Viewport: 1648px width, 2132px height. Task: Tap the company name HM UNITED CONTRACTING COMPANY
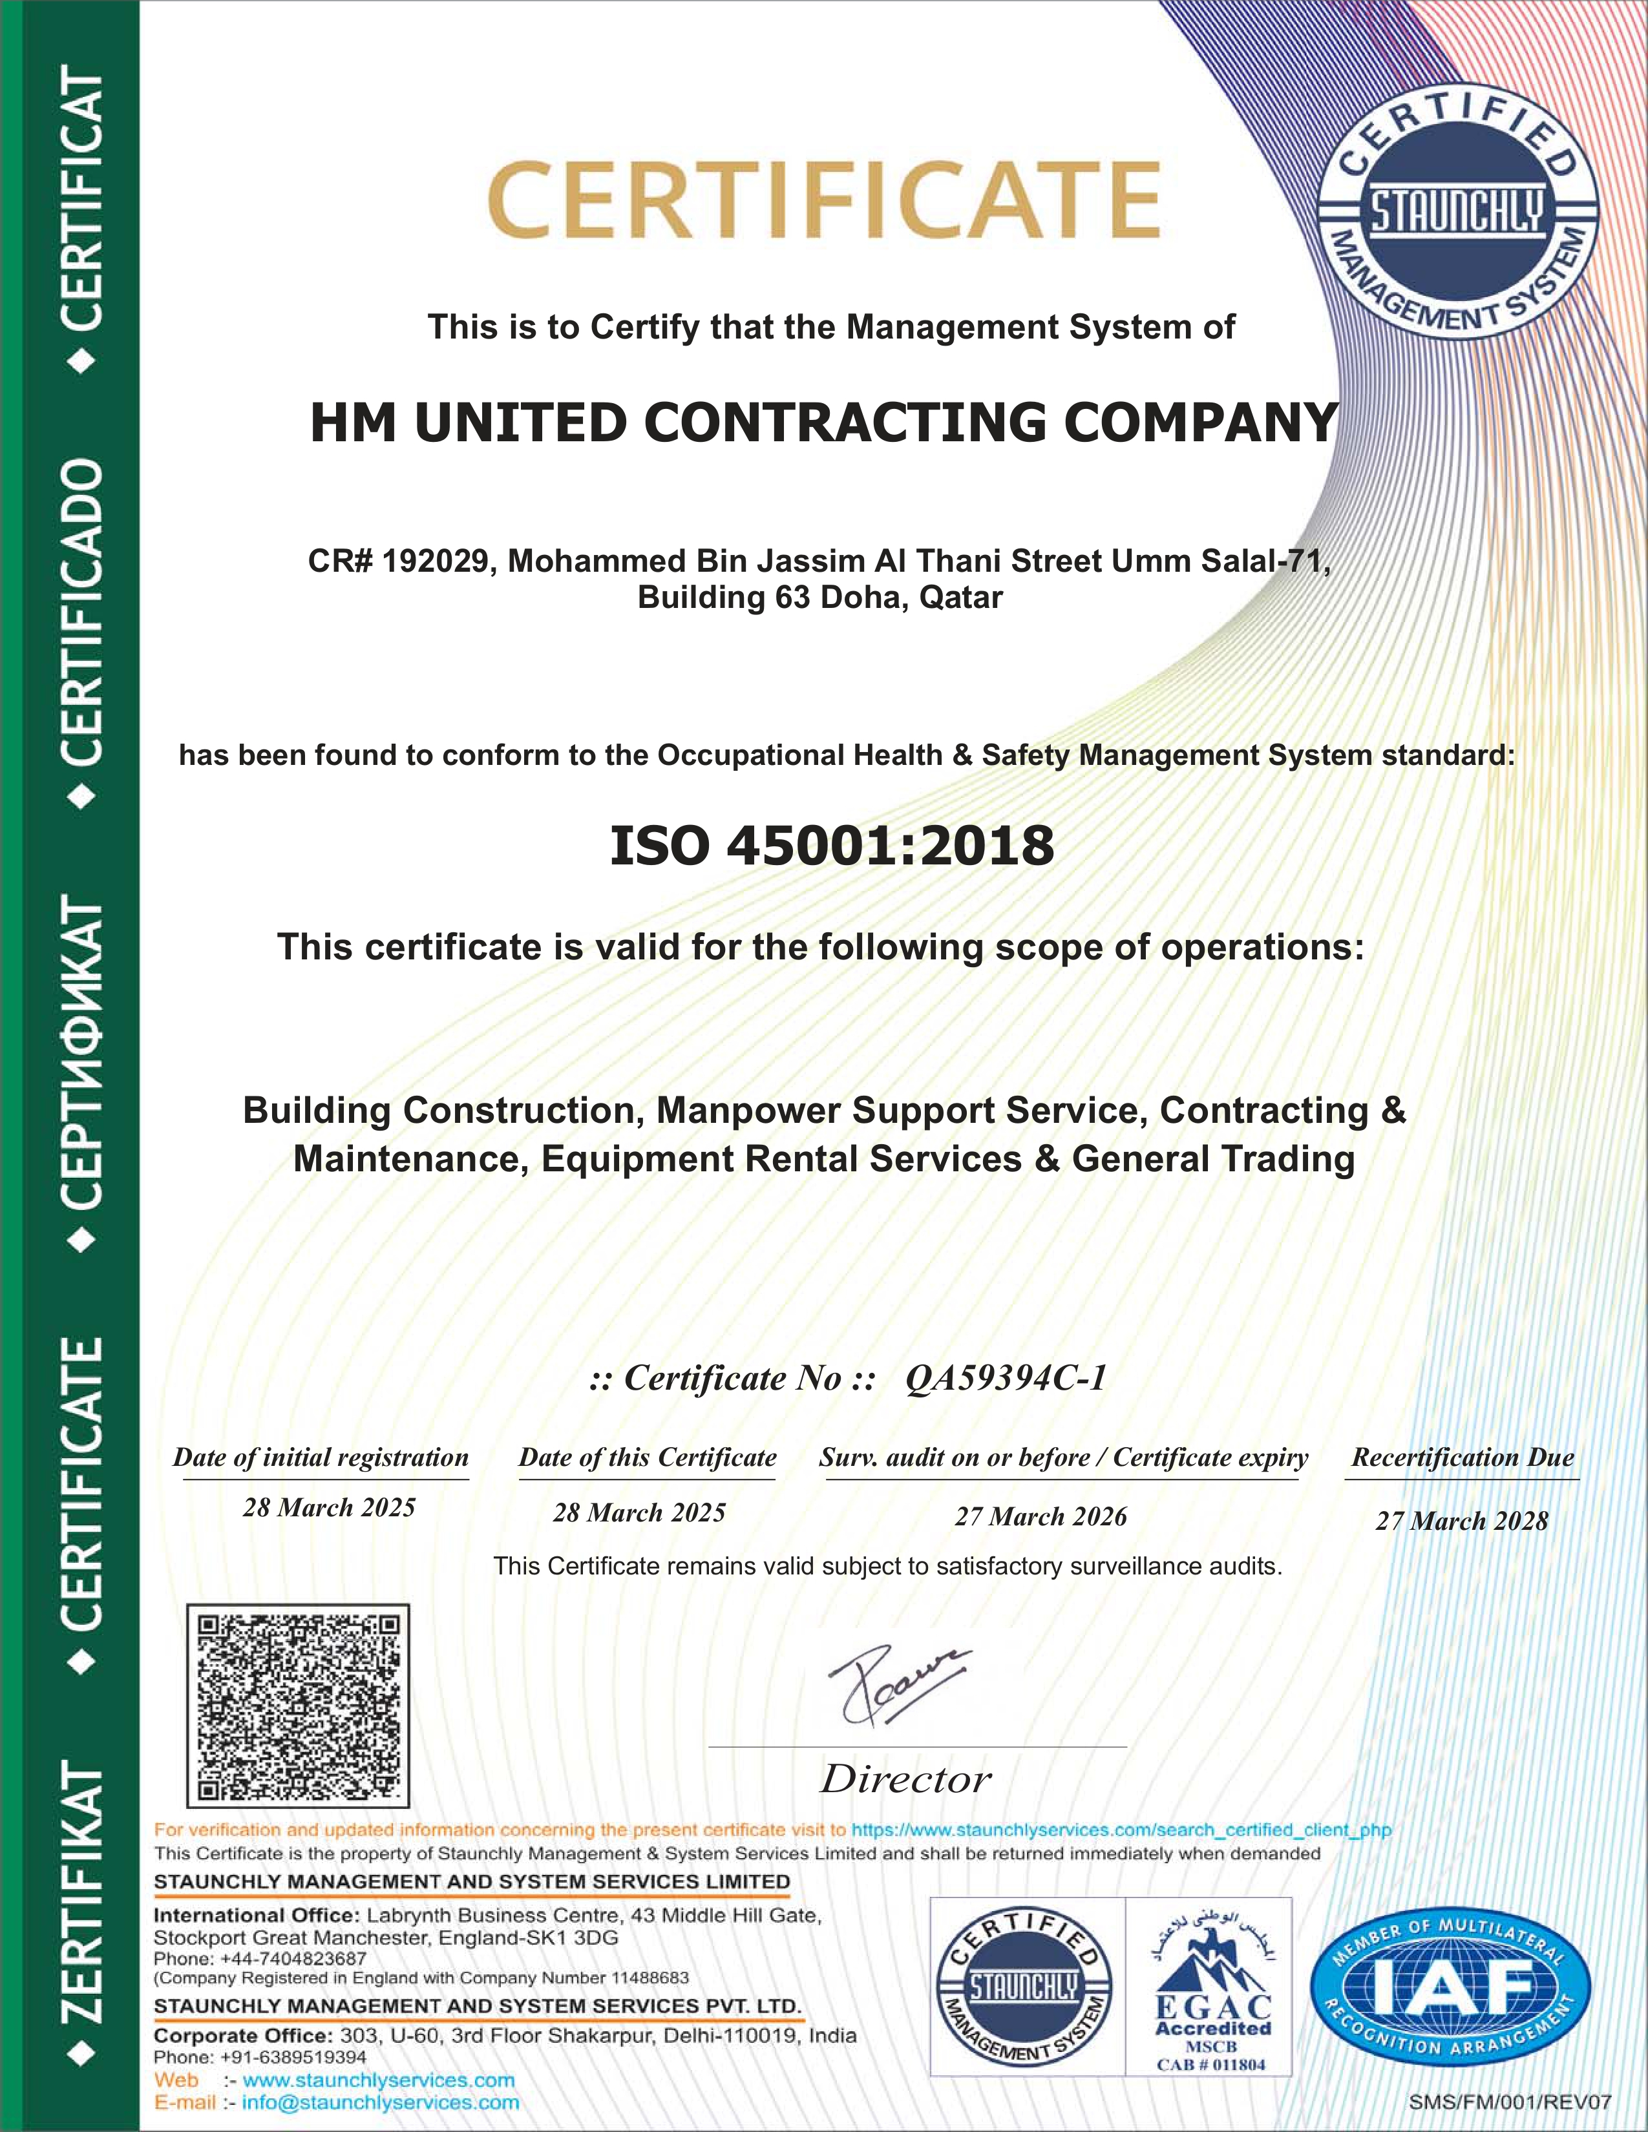tap(823, 423)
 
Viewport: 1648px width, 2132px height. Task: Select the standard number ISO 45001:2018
tap(832, 846)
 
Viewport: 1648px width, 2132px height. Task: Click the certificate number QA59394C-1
tap(1006, 1377)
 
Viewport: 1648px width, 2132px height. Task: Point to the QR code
tap(298, 1706)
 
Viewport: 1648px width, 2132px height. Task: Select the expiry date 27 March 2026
tap(1040, 1516)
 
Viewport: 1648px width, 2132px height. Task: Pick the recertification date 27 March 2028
tap(1461, 1521)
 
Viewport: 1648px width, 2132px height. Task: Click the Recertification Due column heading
tap(1461, 1458)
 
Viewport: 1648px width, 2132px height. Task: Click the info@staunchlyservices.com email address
tap(381, 2102)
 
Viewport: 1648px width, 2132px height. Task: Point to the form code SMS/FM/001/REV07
tap(1509, 2101)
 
